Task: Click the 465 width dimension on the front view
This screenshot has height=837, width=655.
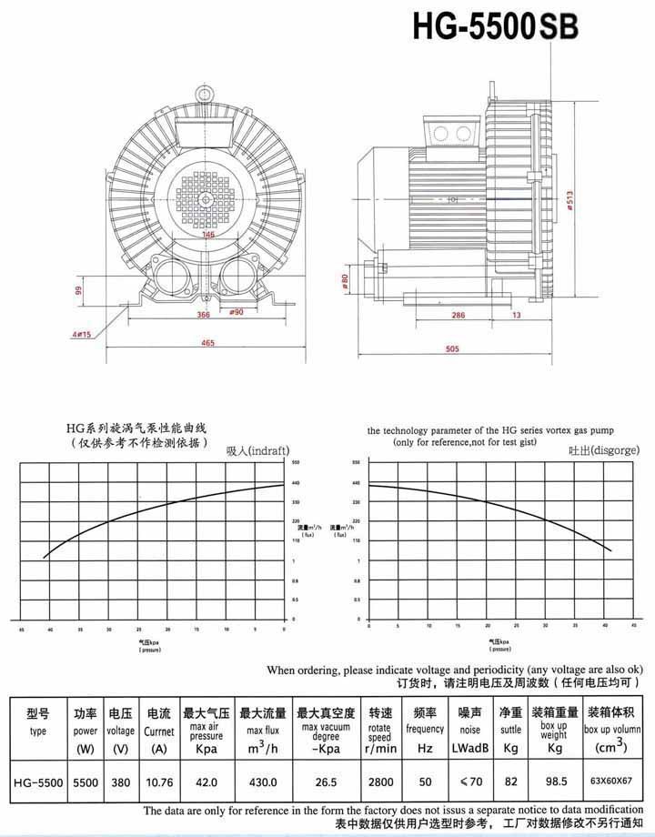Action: (x=208, y=342)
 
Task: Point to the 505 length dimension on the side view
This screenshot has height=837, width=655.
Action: (x=452, y=348)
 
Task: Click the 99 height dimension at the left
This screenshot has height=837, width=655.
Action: (x=79, y=291)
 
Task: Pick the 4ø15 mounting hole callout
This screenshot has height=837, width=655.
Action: (x=82, y=335)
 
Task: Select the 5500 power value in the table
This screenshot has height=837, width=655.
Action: (x=86, y=782)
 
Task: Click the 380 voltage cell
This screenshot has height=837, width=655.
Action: (x=121, y=782)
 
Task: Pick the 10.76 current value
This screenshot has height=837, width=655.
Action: (x=158, y=782)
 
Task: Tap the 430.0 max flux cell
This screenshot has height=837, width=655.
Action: (x=263, y=782)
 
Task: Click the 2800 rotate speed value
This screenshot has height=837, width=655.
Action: (x=379, y=782)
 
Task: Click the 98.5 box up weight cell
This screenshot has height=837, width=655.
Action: (x=553, y=782)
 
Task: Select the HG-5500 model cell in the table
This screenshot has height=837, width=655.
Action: (x=37, y=782)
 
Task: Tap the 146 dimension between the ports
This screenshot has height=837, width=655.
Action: (x=209, y=235)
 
